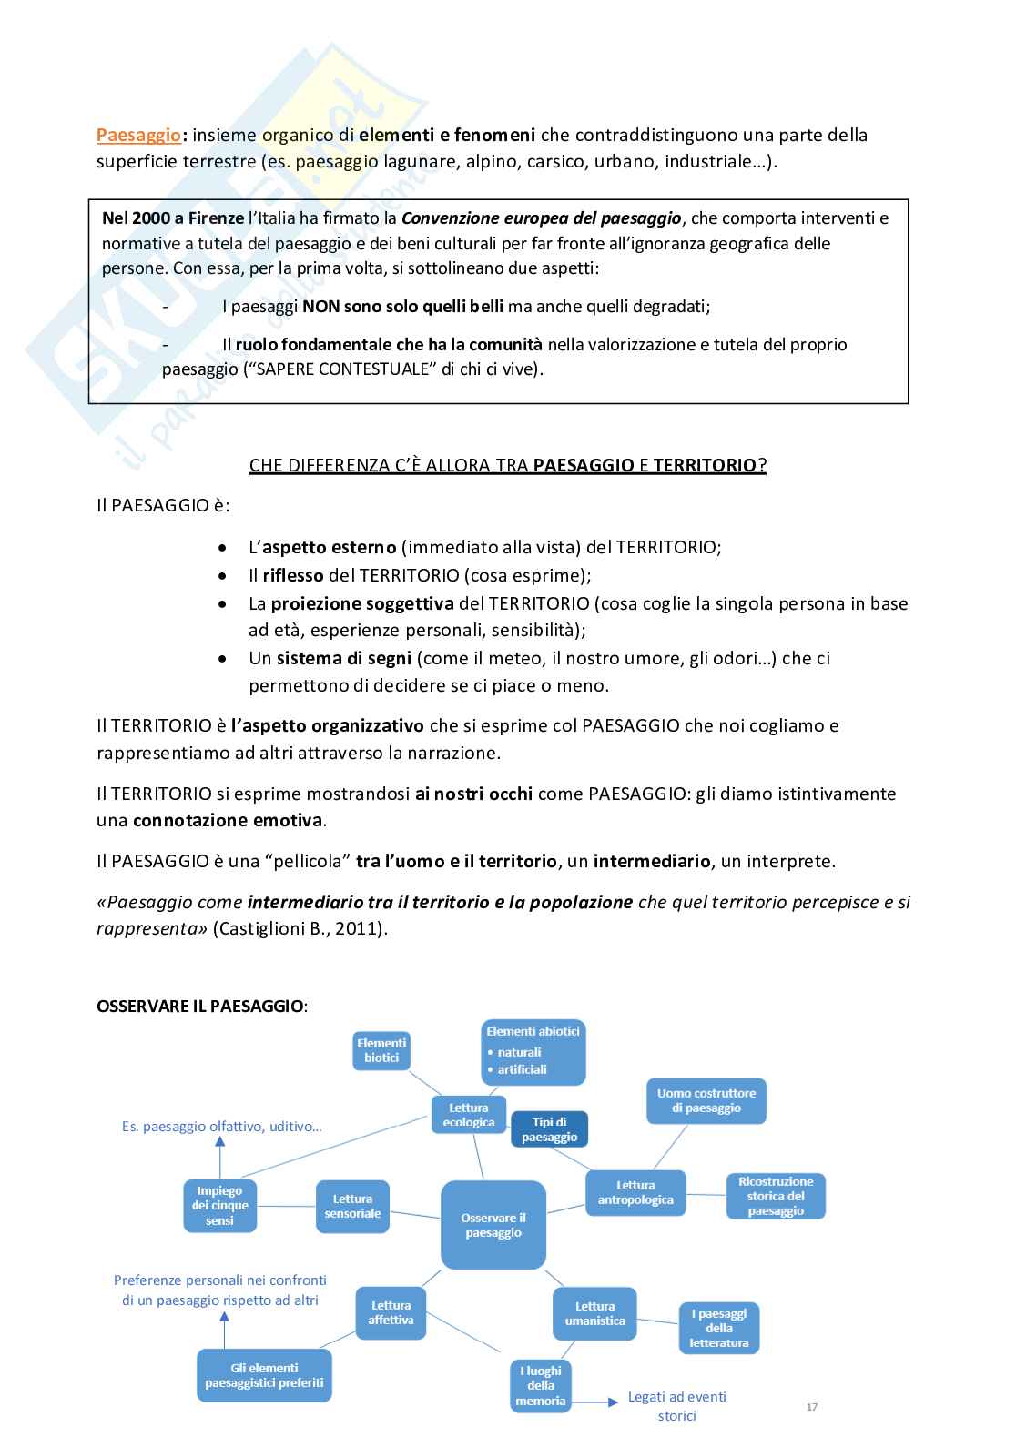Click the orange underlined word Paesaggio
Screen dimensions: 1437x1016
[x=138, y=136]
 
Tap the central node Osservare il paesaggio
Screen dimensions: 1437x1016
[x=493, y=1225]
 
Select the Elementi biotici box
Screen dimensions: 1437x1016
[x=381, y=1050]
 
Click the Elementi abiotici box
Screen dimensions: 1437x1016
[x=533, y=1051]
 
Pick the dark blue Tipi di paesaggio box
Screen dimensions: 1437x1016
[x=549, y=1129]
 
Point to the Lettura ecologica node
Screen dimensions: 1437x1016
[x=468, y=1115]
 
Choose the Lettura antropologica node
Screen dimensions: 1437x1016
[x=635, y=1192]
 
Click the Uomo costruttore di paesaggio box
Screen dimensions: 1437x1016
[x=706, y=1100]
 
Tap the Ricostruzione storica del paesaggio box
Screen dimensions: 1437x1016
[x=776, y=1196]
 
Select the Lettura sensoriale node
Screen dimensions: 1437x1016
[x=352, y=1207]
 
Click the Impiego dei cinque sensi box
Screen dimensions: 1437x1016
[x=219, y=1206]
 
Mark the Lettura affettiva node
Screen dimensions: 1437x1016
[x=391, y=1312]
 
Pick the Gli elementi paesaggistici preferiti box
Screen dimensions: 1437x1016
[x=264, y=1375]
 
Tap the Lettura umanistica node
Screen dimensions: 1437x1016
[x=594, y=1313]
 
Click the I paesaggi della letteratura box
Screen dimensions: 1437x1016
[x=719, y=1328]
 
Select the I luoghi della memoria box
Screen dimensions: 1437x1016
[x=541, y=1385]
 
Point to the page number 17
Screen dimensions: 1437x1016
[x=812, y=1407]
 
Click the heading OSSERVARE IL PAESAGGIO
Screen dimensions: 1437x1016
[x=201, y=1006]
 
